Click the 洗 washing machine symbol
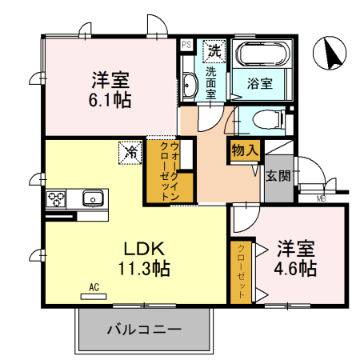coord(214,50)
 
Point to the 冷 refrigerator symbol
coord(128,150)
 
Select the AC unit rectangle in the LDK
coord(93,295)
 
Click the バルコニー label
coord(144,330)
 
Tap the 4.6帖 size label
coord(298,267)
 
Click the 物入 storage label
coord(245,150)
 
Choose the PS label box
coord(186,45)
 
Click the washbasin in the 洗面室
coord(189,84)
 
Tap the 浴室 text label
coord(259,82)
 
